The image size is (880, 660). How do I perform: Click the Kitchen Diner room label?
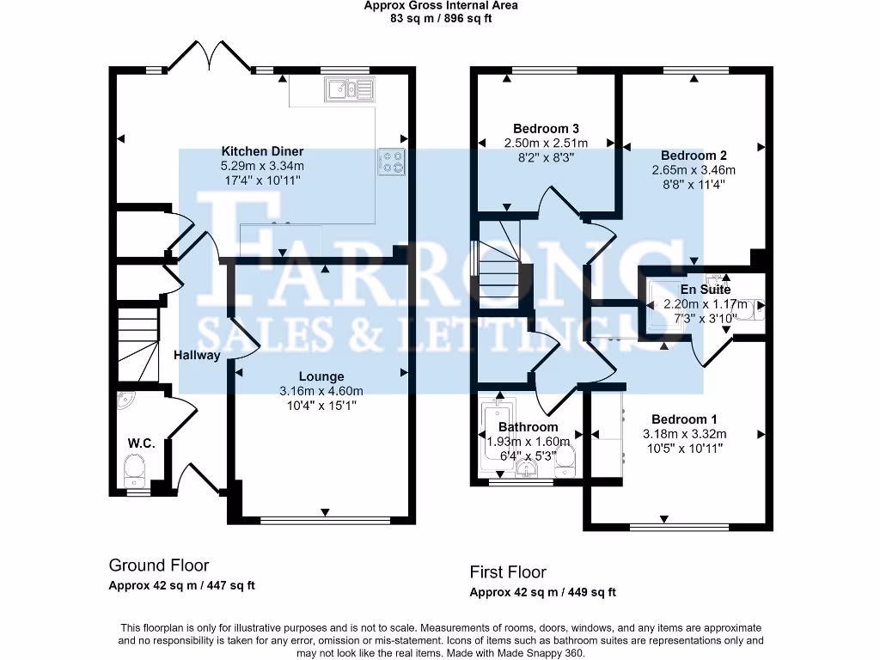pos(262,151)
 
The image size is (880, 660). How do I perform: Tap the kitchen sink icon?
pos(349,89)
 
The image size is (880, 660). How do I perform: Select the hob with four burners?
pos(391,162)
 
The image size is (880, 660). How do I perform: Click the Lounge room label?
pos(321,376)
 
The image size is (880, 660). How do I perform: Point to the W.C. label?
pos(141,443)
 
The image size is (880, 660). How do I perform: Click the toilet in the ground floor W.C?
pos(135,469)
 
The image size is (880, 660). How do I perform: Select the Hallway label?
pos(197,355)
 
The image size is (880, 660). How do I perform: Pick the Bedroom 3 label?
pos(546,128)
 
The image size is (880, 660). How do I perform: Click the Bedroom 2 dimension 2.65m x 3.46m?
pos(694,170)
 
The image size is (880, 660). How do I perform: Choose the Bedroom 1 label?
pos(684,419)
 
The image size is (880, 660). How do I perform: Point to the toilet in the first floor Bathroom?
pos(565,461)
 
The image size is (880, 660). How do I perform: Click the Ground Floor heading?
pos(158,565)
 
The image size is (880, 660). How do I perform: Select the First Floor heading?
pos(507,571)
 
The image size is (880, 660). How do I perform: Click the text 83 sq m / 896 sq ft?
pos(440,17)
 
